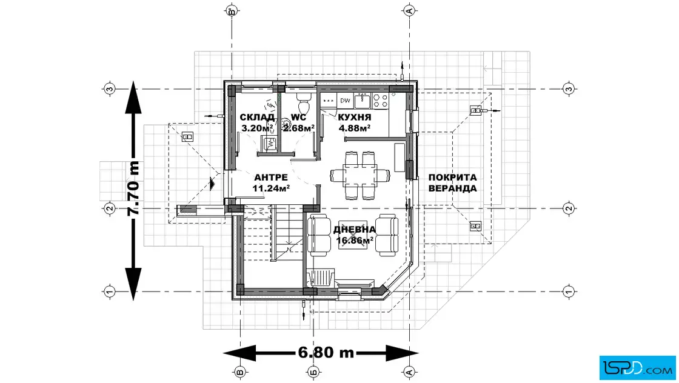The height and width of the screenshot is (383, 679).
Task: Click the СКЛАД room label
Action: (x=257, y=118)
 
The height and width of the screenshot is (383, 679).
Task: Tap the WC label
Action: (x=298, y=118)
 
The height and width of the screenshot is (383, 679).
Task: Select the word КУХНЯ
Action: (x=355, y=118)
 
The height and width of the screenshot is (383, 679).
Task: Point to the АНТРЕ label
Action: (x=270, y=178)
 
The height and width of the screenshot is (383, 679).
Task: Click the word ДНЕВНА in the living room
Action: (x=354, y=229)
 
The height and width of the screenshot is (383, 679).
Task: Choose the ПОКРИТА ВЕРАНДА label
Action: (x=452, y=182)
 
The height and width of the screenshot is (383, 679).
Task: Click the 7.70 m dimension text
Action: (x=133, y=188)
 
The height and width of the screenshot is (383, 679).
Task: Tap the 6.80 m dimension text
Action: (x=326, y=353)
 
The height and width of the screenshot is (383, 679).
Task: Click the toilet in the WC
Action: (x=304, y=102)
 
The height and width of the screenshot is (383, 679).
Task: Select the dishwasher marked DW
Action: (x=345, y=101)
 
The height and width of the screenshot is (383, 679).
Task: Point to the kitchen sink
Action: (x=362, y=101)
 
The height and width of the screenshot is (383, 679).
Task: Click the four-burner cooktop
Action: (x=380, y=101)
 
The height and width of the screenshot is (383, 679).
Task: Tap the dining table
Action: (x=360, y=175)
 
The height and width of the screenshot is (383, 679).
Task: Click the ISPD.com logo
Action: (x=637, y=368)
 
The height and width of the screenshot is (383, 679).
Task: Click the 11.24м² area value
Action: (x=270, y=188)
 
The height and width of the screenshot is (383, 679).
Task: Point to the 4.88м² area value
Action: (x=354, y=128)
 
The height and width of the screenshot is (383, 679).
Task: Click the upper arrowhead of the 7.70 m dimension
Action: (x=133, y=98)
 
